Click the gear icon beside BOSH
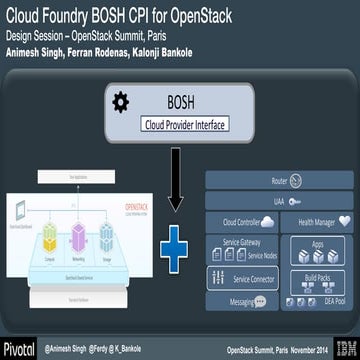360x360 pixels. (120, 102)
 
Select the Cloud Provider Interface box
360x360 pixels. (185, 124)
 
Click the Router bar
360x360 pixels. (280, 184)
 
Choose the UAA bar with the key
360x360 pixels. (280, 201)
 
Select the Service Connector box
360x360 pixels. (242, 278)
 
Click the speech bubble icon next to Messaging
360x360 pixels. (259, 300)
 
